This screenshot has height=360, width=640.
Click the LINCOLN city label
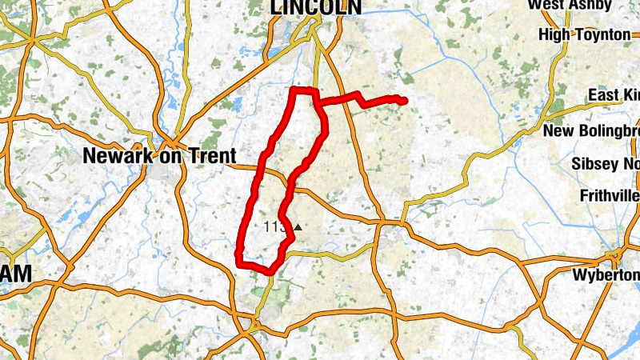coord(316,7)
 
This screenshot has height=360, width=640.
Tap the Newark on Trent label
coord(159,157)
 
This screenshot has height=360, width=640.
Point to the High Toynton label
coord(585,34)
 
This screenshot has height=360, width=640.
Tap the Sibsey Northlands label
coord(606,163)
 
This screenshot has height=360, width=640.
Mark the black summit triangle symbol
coord(298,227)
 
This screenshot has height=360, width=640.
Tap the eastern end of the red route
coord(404,101)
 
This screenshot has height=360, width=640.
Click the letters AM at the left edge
coord(16,274)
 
